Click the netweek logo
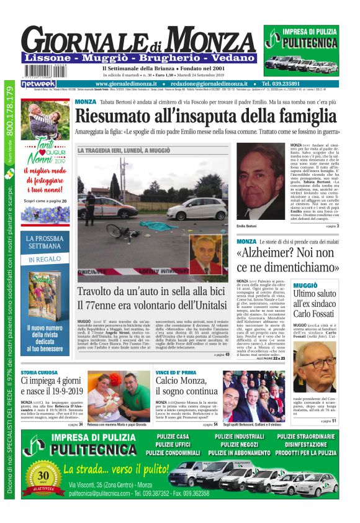(38, 83)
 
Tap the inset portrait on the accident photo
(206, 255)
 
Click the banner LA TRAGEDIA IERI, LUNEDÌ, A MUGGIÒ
(124, 150)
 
